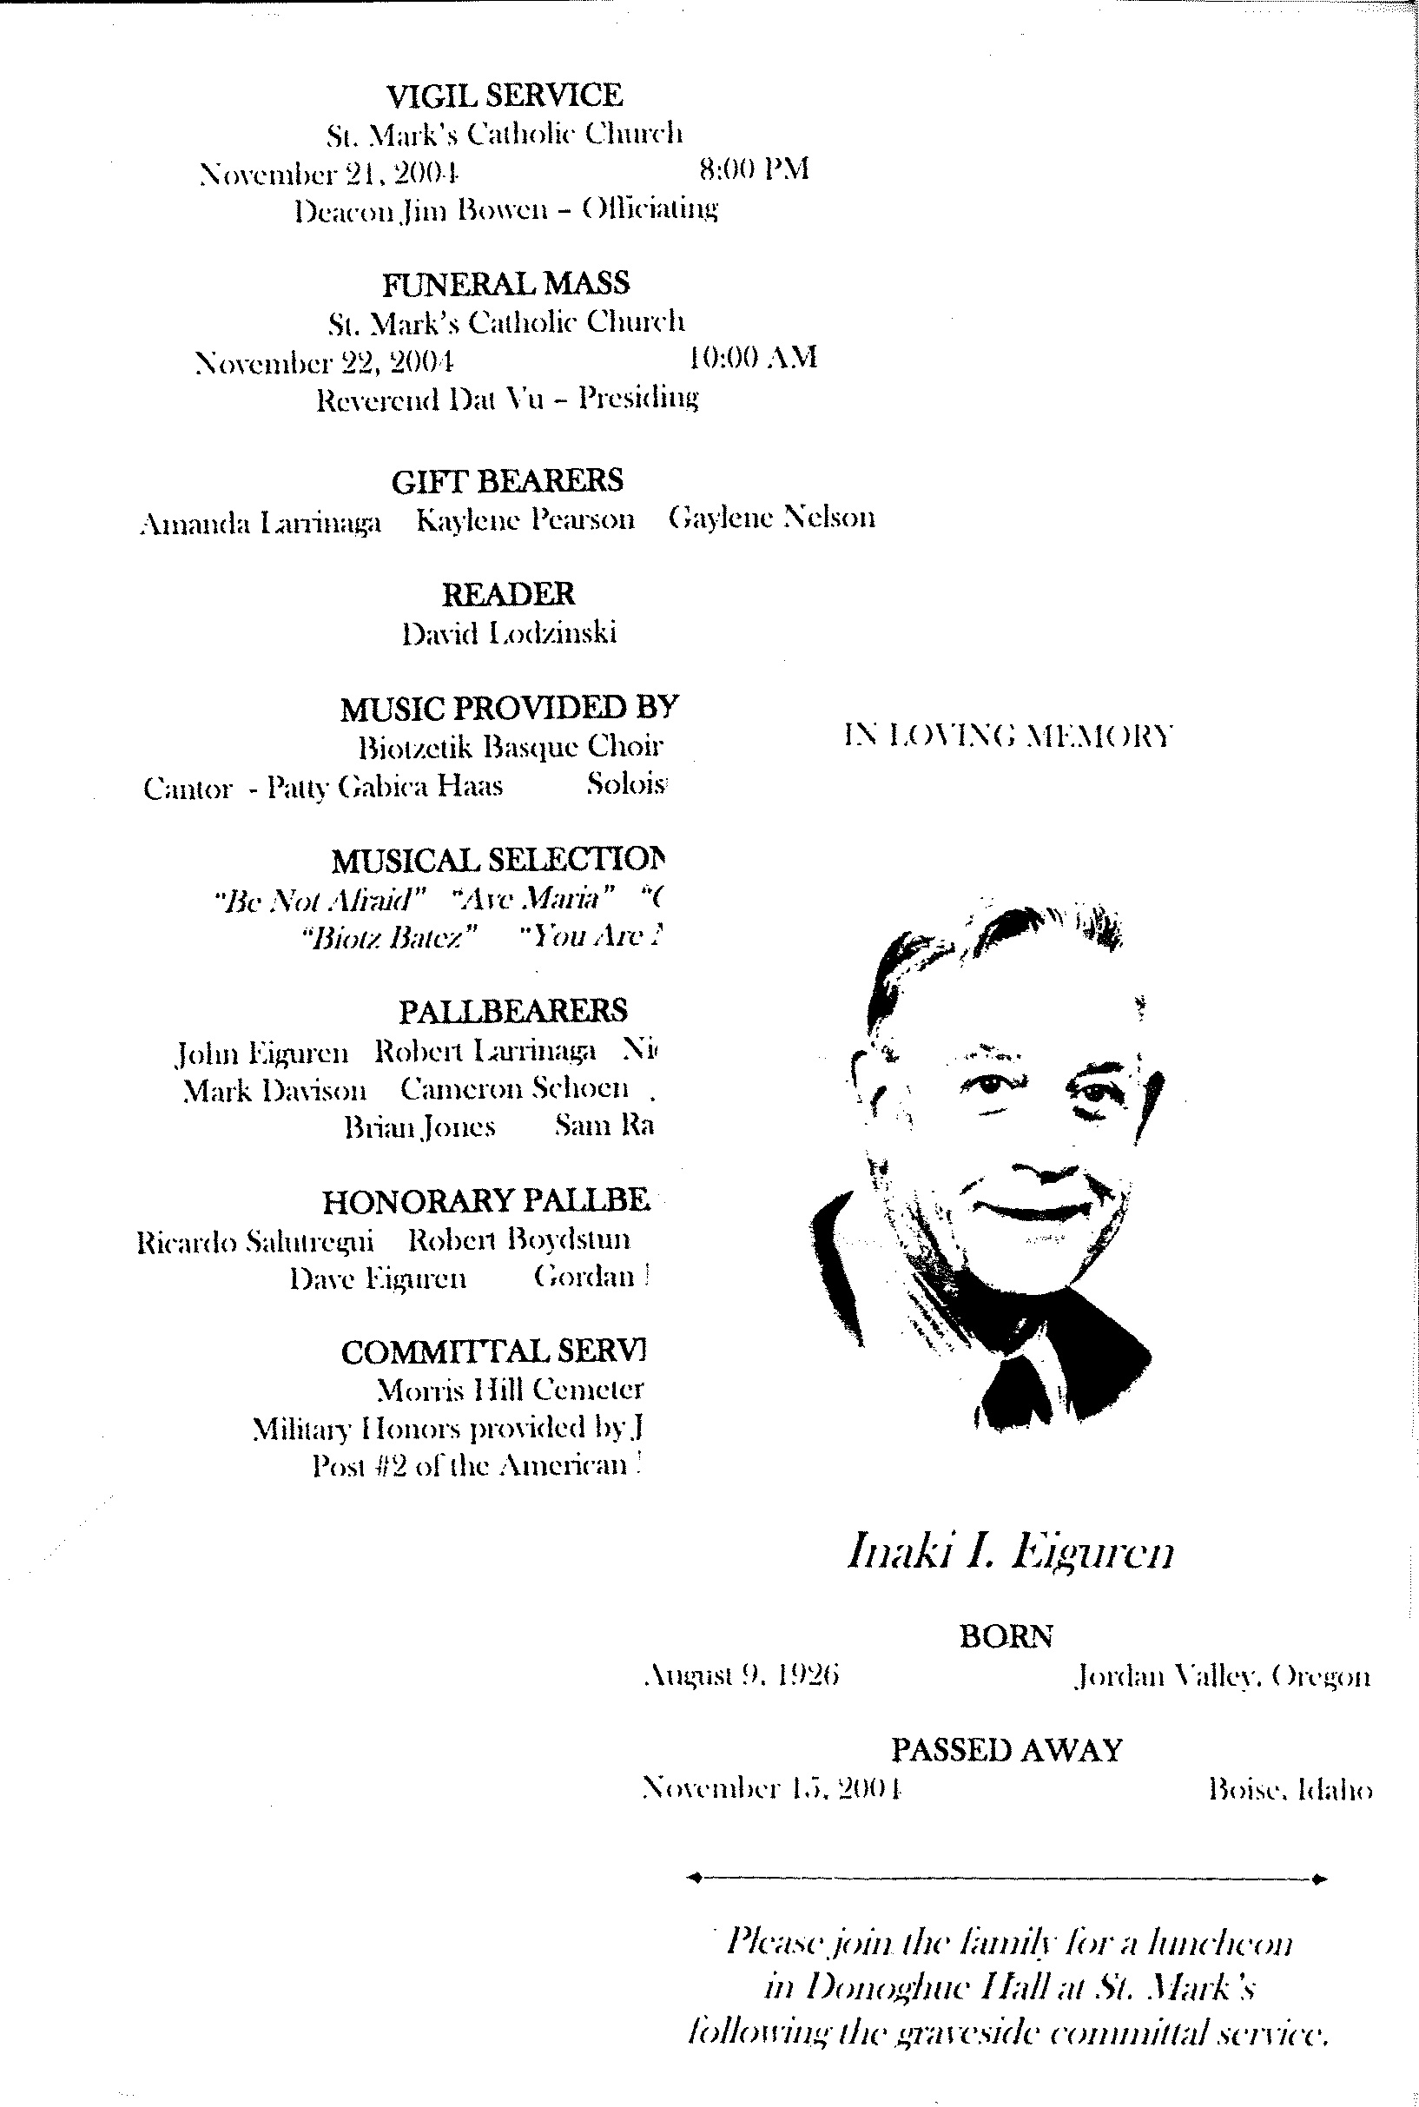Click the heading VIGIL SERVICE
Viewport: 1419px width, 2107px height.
504,94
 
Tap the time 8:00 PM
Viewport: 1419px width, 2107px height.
754,168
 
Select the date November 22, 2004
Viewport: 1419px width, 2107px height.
324,362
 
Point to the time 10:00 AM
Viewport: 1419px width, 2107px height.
753,357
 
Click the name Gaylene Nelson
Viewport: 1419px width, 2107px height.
772,517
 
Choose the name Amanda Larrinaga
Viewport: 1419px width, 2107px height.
261,522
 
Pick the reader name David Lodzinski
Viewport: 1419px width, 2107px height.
509,631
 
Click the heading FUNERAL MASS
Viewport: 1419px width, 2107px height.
505,283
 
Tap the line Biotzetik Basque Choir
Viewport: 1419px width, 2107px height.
511,747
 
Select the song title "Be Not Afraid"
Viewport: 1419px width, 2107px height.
319,899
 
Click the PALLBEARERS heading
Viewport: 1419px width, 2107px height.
512,1010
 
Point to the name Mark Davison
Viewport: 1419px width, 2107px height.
274,1091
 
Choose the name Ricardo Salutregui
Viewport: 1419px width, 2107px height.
254,1241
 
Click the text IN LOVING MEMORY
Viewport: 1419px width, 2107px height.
1007,735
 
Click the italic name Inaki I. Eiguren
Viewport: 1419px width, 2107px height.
1010,1550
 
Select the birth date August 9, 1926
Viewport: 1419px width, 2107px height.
741,1675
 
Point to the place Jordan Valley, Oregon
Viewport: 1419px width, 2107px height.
1222,1676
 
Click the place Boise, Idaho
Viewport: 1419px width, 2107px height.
1290,1789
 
